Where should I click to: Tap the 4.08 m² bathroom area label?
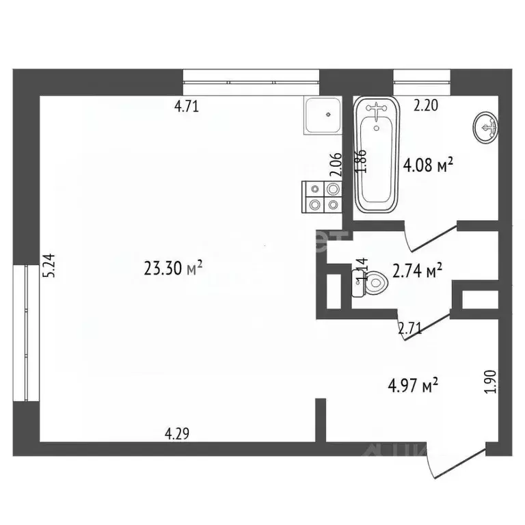click(x=429, y=165)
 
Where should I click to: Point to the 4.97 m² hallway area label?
click(x=413, y=386)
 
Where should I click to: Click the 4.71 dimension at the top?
click(x=187, y=106)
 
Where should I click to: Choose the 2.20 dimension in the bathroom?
click(x=427, y=105)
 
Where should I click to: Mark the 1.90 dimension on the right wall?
click(x=488, y=381)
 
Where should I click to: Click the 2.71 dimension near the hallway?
click(x=410, y=328)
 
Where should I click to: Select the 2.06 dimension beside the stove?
click(x=335, y=165)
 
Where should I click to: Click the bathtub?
click(x=376, y=155)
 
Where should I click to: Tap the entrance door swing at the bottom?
click(x=455, y=464)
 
